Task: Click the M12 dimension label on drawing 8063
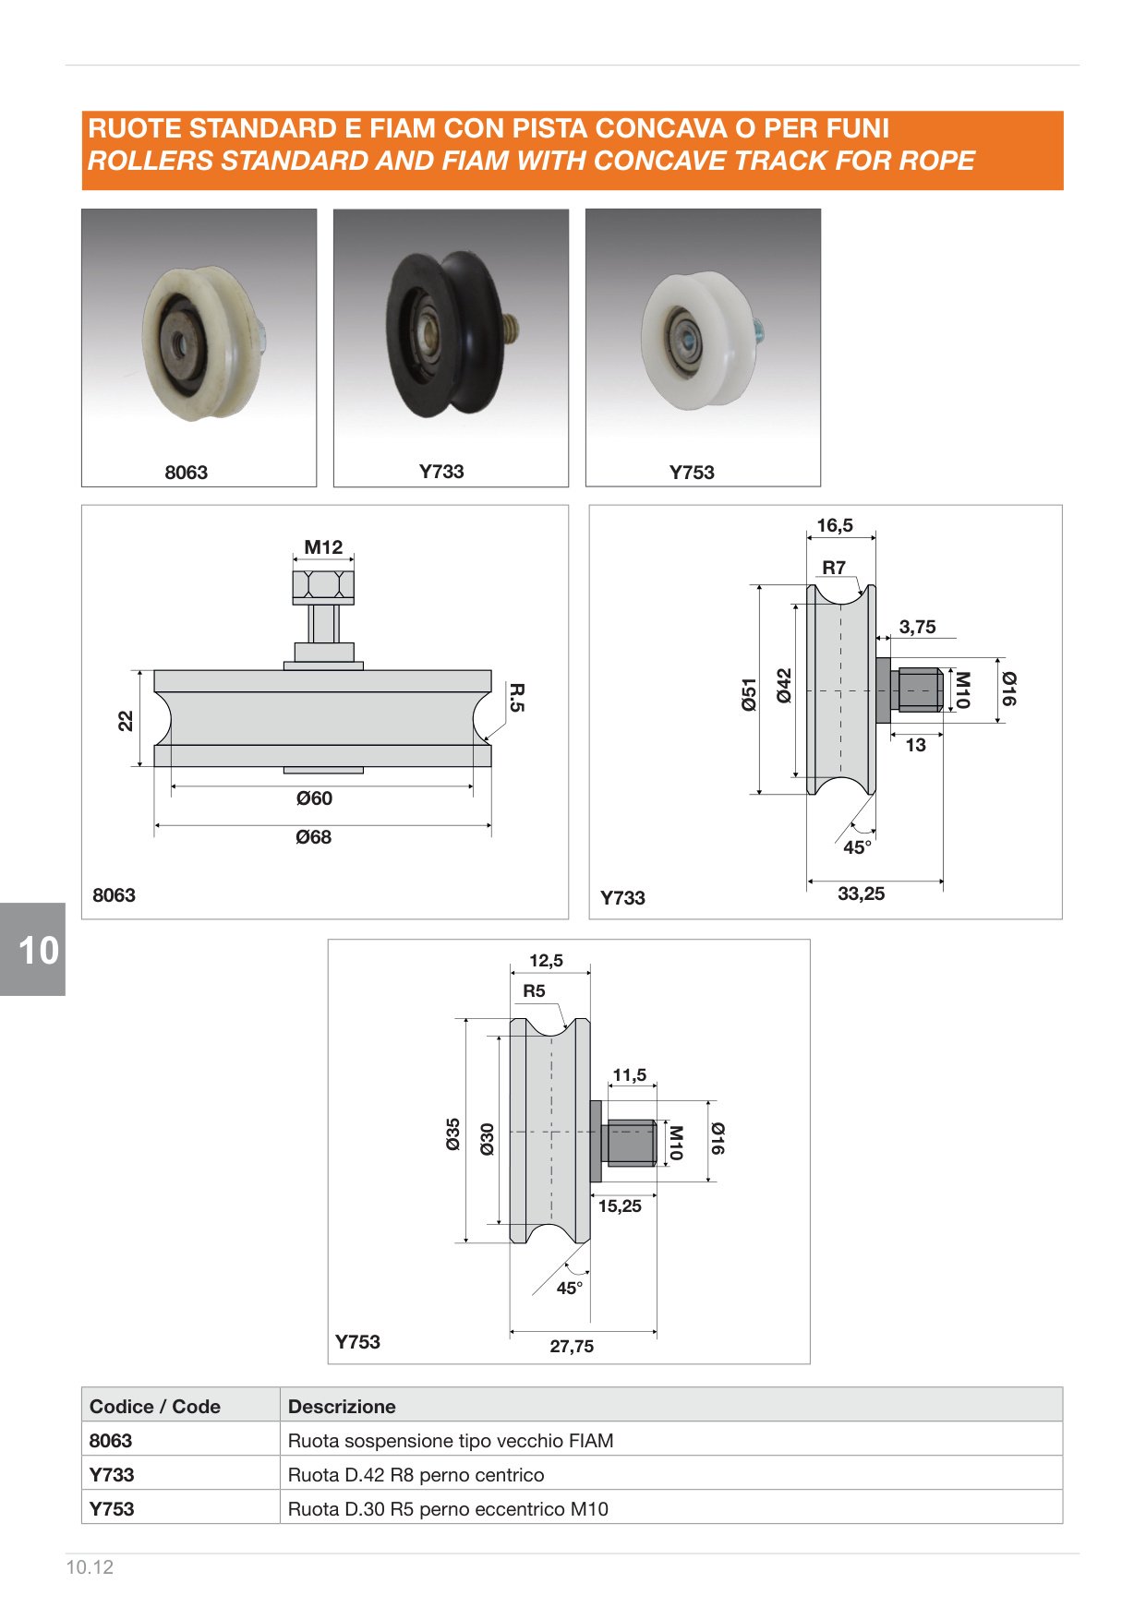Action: (323, 546)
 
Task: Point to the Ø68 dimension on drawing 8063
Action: (314, 837)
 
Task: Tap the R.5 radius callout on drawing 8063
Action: (517, 697)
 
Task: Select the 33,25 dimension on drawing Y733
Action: (861, 893)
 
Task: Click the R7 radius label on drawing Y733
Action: (834, 568)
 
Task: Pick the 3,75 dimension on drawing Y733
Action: (917, 627)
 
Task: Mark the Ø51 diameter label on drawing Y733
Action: (749, 694)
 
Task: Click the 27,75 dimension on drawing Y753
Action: (572, 1346)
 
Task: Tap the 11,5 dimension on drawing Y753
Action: (629, 1074)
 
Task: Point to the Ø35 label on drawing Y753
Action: (452, 1133)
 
